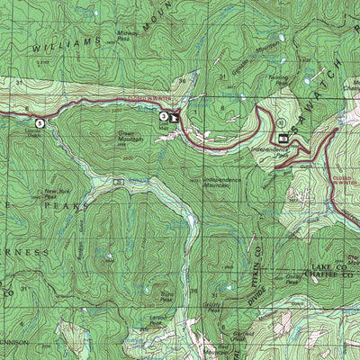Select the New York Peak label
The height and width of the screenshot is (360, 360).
[x=57, y=193]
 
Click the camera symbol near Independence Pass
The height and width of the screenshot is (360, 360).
[x=283, y=139]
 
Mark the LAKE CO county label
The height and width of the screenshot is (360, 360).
[x=329, y=268]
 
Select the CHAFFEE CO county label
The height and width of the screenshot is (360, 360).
[x=329, y=278]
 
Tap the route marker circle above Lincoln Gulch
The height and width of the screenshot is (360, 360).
[x=39, y=122]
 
